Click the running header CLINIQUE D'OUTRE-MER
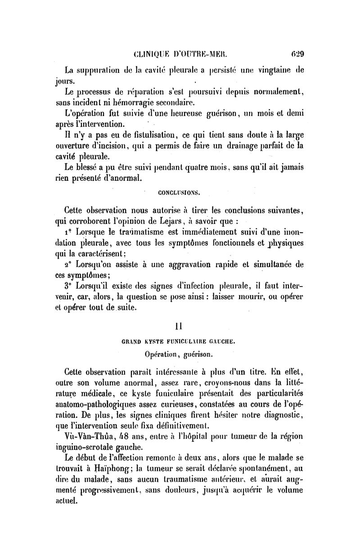point(180,55)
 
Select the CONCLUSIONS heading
point(179,193)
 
